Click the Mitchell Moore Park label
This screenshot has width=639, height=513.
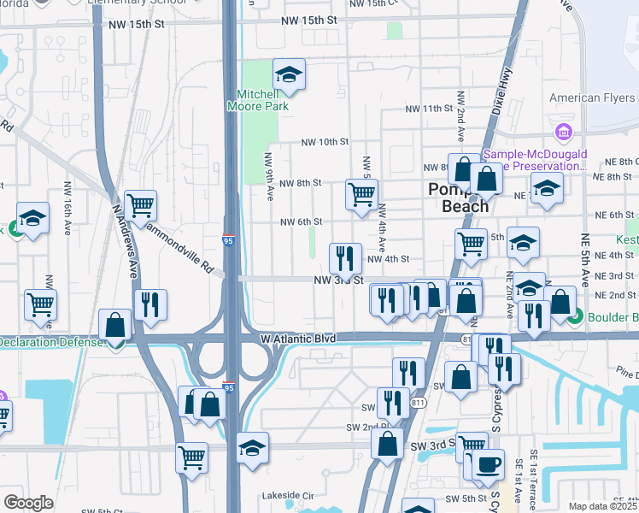(257, 100)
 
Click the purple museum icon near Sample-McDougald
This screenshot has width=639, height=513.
(562, 133)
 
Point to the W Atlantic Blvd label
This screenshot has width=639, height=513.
(298, 339)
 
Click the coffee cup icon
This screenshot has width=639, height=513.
(489, 464)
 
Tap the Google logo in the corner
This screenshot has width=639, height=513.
(28, 503)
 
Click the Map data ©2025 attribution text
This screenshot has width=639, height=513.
(602, 506)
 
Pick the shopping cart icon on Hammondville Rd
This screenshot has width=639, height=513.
(140, 204)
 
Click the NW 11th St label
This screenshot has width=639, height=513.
(427, 109)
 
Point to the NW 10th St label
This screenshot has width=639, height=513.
(325, 142)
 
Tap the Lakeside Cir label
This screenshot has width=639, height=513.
(289, 495)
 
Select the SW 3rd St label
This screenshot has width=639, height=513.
(429, 446)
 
